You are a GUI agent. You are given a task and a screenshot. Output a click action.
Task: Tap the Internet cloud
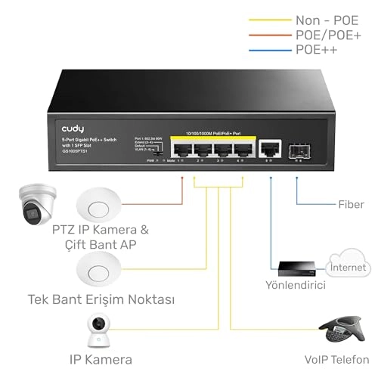(x=348, y=266)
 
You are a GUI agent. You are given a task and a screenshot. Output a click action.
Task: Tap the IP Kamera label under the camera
(x=101, y=360)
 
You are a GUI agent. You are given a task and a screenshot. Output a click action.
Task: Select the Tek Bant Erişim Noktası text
(x=101, y=300)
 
